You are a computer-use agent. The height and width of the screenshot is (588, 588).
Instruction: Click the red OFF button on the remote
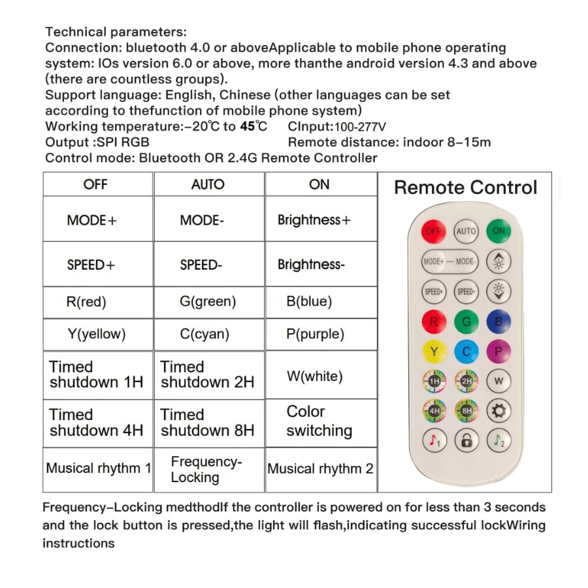(434, 231)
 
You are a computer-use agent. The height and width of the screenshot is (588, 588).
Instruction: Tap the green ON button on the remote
(499, 231)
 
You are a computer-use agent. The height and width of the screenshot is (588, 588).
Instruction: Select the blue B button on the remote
(499, 321)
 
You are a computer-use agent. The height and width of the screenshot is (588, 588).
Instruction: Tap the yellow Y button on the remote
(434, 351)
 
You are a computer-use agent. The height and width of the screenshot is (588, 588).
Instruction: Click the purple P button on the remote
(499, 351)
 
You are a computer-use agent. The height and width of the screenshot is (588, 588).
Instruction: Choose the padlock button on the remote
(466, 441)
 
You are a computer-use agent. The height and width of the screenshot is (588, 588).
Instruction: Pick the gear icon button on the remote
(499, 411)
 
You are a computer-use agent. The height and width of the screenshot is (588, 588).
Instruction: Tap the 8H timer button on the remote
(466, 411)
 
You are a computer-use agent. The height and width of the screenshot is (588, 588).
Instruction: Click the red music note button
(434, 441)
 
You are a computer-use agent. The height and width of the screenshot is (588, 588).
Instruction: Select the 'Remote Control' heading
(465, 188)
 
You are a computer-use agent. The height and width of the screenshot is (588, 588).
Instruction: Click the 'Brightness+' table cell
(314, 220)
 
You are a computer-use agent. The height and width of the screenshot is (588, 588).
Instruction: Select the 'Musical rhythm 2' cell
(321, 469)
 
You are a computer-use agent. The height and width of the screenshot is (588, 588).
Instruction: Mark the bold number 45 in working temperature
(248, 127)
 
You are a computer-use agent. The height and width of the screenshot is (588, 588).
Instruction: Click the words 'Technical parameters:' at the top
(116, 32)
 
